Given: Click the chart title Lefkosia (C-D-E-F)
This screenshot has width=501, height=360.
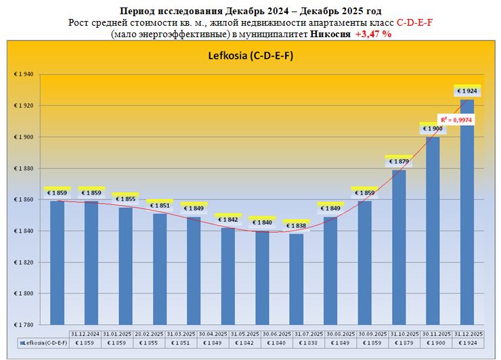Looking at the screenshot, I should tap(250, 55).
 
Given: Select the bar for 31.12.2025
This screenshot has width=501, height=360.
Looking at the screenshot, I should tap(467, 210).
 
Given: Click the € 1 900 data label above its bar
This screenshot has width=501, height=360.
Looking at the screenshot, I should tap(433, 129).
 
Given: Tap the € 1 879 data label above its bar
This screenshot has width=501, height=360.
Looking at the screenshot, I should tap(399, 161).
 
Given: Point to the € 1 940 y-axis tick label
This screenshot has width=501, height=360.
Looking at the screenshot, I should tap(23, 74).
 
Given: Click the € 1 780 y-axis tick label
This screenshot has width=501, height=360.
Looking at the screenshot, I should tap(23, 325).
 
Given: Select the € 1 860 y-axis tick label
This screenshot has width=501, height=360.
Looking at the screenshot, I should tap(23, 200).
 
